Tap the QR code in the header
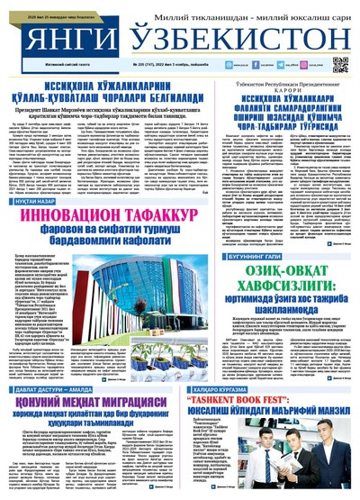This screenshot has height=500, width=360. point(340,64)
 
